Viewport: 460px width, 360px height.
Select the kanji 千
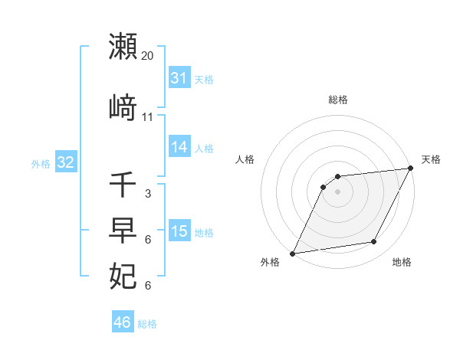point(123,185)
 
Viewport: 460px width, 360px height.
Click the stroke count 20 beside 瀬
point(148,56)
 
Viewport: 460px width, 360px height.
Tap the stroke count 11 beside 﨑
point(148,117)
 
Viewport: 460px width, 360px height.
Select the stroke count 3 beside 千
point(147,194)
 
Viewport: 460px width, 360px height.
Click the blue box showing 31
point(179,78)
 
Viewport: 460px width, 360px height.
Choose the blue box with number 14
point(179,147)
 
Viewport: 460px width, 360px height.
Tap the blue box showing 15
point(179,231)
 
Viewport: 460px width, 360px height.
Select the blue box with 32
point(65,162)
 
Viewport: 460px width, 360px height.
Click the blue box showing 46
point(123,322)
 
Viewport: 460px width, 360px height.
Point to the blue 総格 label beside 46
point(147,324)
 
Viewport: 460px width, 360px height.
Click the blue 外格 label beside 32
point(41,163)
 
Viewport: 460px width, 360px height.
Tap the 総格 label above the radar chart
point(338,100)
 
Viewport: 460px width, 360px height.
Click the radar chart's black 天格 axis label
point(431,159)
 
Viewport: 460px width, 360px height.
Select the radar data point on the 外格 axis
point(292,253)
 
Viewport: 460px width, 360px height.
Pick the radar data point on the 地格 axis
point(374,242)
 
